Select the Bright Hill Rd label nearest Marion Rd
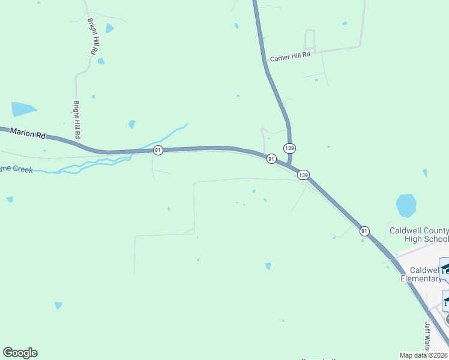click(77, 119)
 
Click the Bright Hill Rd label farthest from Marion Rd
click(93, 37)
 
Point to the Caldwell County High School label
click(419, 235)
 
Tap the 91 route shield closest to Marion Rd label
click(158, 149)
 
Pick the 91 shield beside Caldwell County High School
click(364, 230)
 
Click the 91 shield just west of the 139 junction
click(271, 159)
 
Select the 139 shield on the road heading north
click(290, 148)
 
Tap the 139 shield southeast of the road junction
click(304, 175)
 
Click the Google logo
click(20, 353)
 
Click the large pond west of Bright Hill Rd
click(23, 109)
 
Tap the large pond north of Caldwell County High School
click(406, 205)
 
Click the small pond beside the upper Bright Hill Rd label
click(109, 28)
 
